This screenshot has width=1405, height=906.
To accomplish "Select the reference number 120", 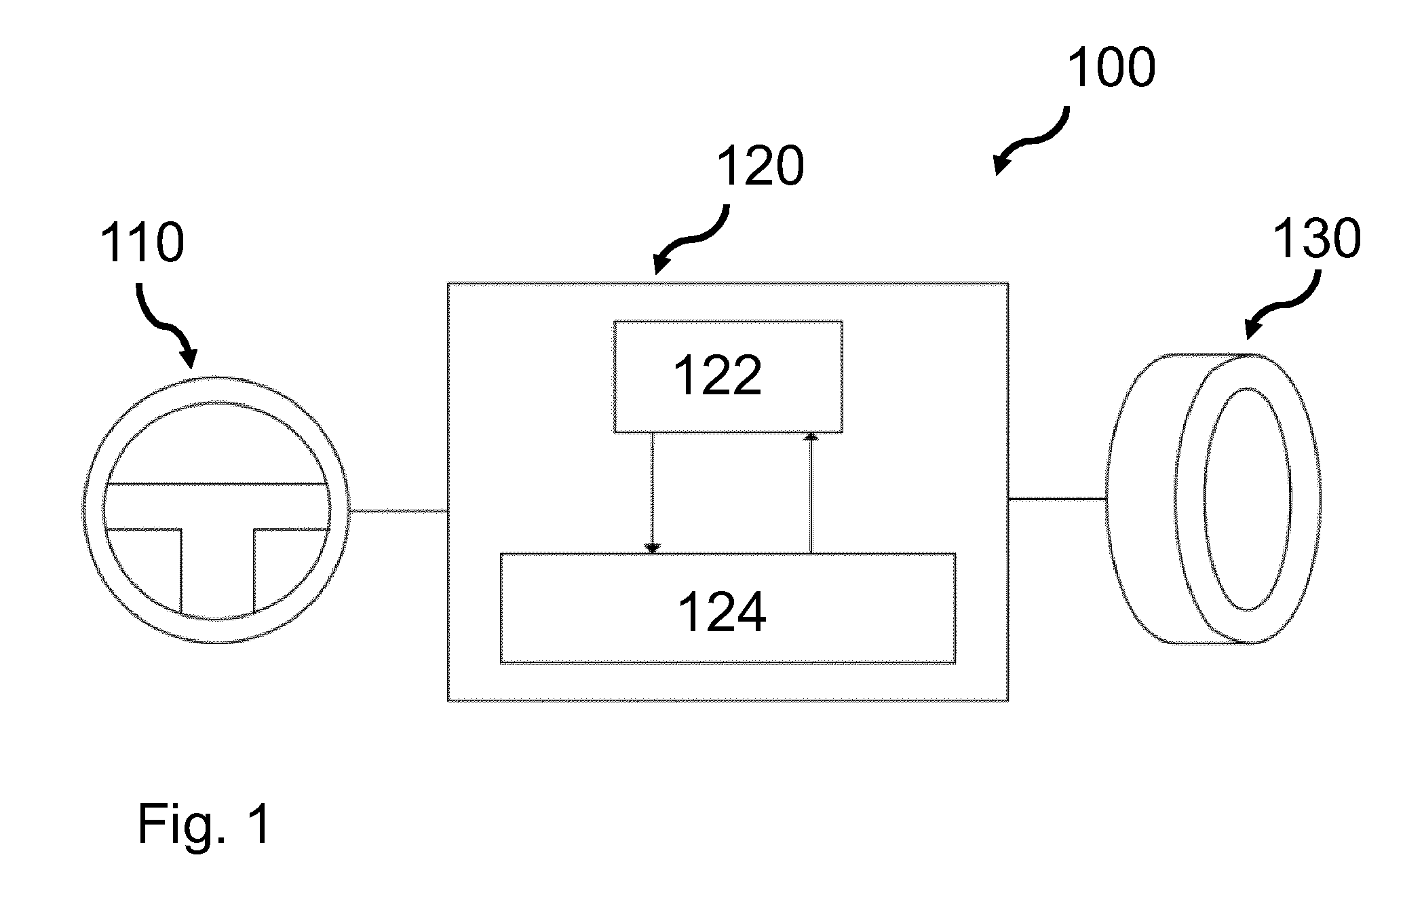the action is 760,166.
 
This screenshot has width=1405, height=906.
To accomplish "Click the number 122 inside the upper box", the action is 718,375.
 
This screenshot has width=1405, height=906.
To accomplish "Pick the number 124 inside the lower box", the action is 722,611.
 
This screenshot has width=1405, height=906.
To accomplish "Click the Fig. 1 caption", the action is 204,823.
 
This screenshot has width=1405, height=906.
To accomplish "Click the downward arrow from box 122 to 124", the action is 653,493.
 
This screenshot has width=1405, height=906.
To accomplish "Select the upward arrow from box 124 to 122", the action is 811,493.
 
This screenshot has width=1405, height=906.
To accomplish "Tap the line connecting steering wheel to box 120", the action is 398,510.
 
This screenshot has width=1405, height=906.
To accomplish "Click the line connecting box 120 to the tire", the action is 1058,499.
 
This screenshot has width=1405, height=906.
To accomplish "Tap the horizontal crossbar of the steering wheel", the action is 217,506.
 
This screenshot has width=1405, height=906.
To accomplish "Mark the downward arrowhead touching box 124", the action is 653,549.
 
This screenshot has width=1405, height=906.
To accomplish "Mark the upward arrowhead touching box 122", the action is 811,438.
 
